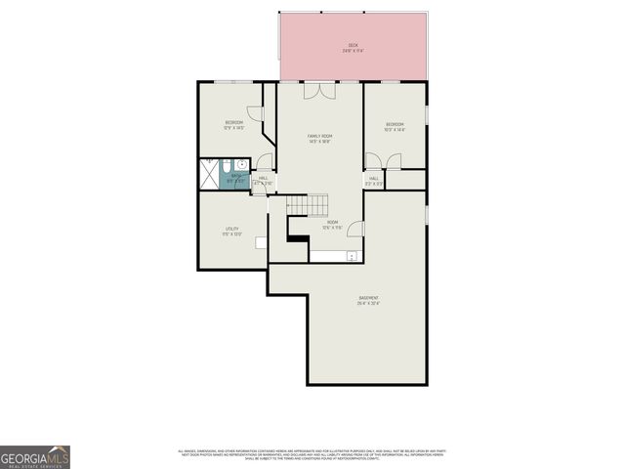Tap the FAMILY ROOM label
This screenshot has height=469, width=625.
pos(319,138)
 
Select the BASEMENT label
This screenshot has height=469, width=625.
pos(368,300)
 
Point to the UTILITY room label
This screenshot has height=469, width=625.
pos(232,232)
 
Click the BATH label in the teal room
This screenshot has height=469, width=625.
pos(235,178)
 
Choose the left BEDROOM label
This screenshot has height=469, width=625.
pos(233,124)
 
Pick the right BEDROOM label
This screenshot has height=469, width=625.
pos(395,126)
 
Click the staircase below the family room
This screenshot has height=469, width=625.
pos(309,204)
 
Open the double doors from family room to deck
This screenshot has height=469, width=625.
pos(319,90)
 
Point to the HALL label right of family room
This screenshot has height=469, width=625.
pos(374,180)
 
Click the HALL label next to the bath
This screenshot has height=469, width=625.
pos(263,181)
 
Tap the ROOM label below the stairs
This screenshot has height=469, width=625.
pos(333,224)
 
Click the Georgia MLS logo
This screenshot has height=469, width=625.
pos(35,457)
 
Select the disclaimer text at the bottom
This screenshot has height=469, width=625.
pos(312,455)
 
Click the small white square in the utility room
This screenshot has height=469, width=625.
pos(262,241)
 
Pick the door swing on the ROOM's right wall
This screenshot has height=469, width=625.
pos(356,229)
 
